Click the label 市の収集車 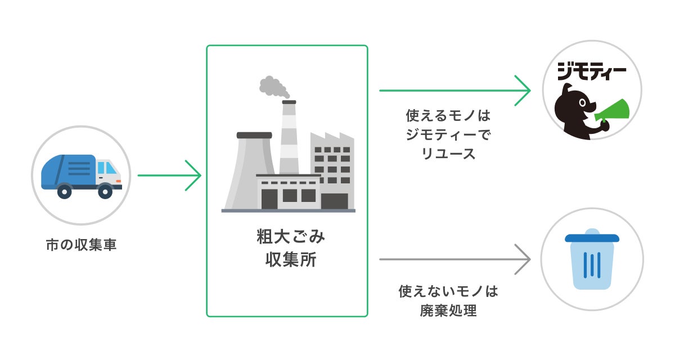pos(81,245)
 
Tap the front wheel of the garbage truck pos(105,191)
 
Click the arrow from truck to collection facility pos(169,175)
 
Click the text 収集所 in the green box pos(287,260)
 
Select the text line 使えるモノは pos(448,116)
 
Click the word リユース pos(448,154)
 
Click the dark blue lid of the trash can pos(592,237)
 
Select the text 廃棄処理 pos(448,310)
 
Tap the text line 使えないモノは pos(448,291)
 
